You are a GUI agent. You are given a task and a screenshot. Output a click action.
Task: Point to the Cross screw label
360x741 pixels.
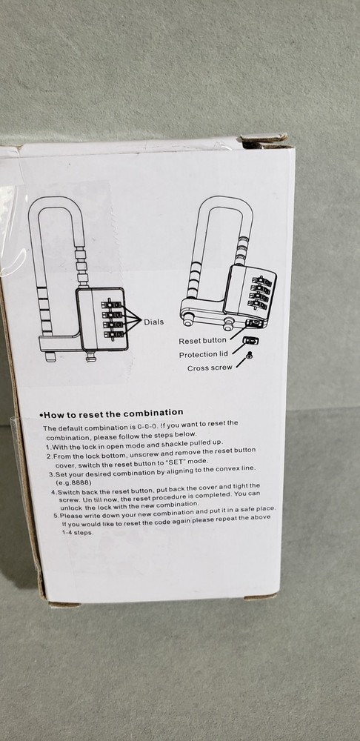point(210,368)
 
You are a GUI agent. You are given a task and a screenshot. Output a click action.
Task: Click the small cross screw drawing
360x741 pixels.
point(249,356)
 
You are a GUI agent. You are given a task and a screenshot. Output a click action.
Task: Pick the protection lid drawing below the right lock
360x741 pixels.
point(252,340)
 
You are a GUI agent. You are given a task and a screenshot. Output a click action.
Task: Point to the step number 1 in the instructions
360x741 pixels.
point(47,447)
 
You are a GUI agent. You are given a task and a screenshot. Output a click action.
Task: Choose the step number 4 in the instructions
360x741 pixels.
point(53,491)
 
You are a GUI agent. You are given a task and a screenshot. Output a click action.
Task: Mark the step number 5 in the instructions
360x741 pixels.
point(56,516)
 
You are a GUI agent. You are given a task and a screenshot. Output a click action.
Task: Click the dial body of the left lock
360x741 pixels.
point(102,319)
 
